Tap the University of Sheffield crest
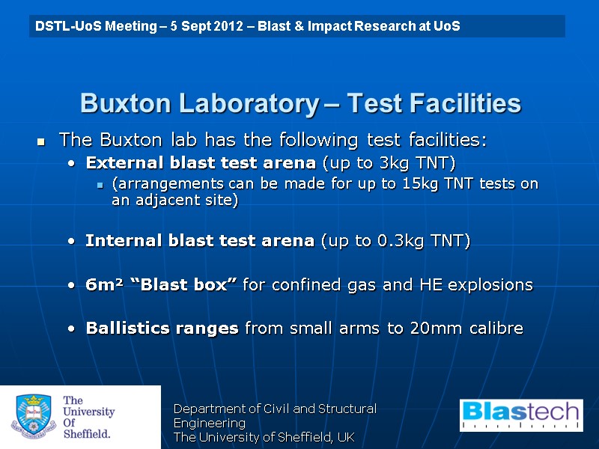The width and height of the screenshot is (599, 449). (31, 417)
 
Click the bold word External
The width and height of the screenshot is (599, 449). (119, 162)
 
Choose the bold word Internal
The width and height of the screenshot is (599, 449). (117, 241)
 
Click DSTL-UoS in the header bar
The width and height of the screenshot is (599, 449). (65, 26)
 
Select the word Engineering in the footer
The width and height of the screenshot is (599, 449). (210, 423)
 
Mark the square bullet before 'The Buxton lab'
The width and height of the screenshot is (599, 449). (42, 141)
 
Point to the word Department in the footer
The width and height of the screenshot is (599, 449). (208, 409)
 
